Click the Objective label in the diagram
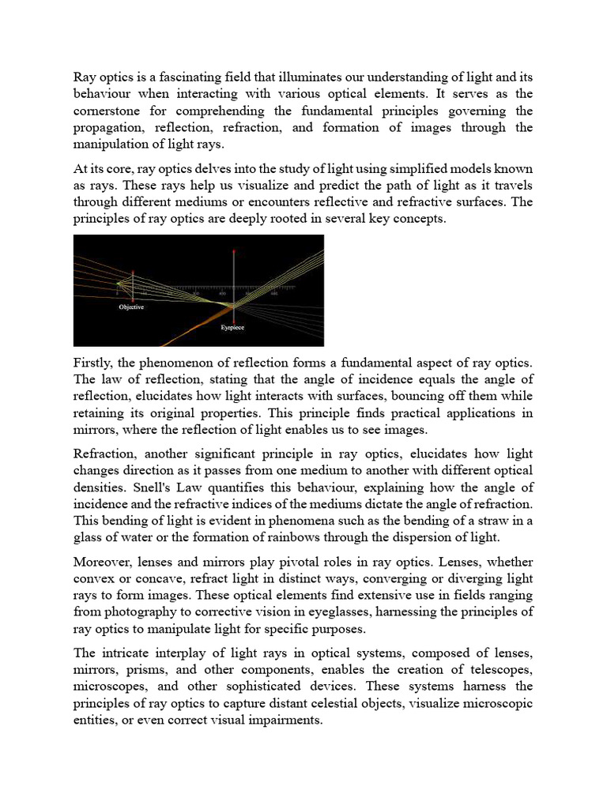131,307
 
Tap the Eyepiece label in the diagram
232,327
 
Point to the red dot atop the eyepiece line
233,250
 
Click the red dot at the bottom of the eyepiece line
233,316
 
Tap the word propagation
109,127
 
